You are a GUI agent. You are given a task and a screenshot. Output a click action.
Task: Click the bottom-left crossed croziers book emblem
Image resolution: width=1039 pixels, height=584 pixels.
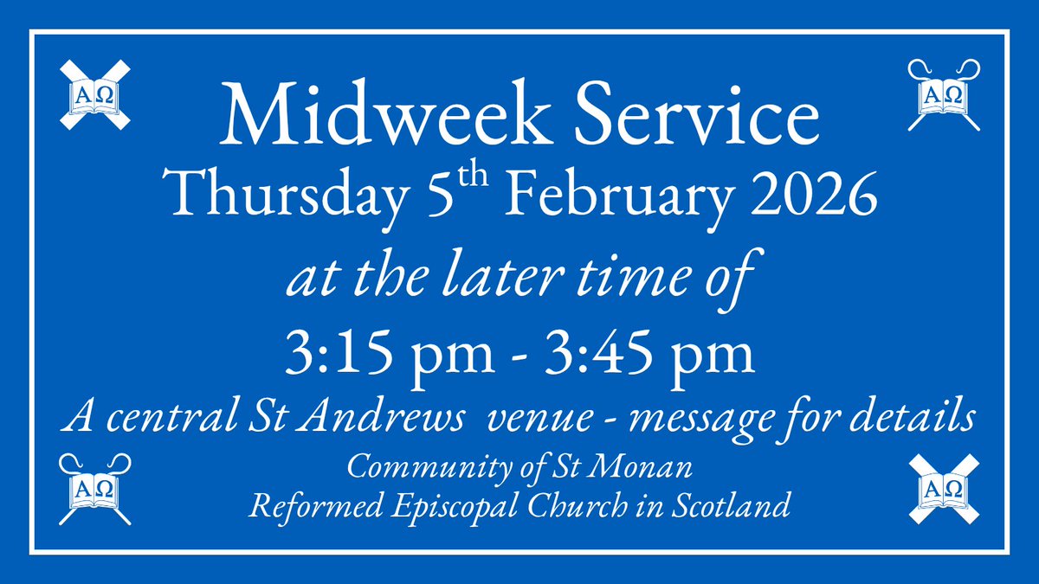pos(95,489)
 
